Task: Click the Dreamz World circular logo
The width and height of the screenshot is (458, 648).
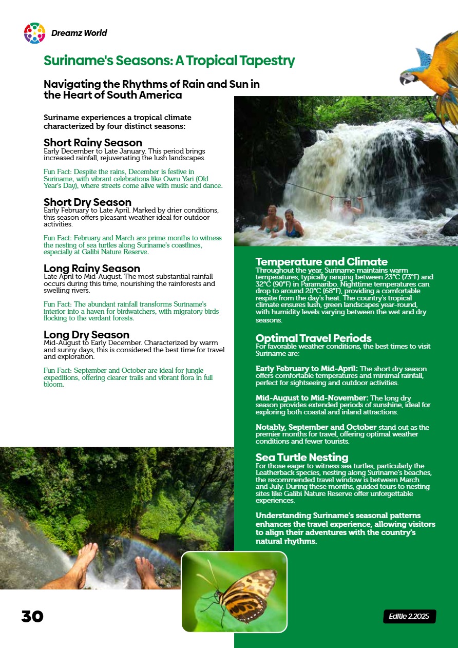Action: [x=34, y=33]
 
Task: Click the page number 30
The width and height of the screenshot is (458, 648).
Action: [x=32, y=617]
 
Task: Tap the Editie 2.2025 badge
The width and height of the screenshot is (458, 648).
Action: [x=409, y=616]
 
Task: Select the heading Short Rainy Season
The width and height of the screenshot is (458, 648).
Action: [x=92, y=143]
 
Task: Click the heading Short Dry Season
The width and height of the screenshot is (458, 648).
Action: [x=87, y=202]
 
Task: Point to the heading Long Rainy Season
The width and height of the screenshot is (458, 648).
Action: [x=91, y=269]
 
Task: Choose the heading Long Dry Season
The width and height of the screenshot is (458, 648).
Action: [x=86, y=335]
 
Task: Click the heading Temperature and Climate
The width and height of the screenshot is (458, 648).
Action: [x=321, y=262]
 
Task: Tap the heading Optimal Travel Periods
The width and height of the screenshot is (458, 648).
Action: [x=313, y=338]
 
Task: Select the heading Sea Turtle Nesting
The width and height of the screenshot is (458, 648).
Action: [x=302, y=458]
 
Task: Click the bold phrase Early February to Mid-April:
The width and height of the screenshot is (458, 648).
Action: [x=306, y=369]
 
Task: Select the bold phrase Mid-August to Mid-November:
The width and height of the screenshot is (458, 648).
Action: [x=312, y=398]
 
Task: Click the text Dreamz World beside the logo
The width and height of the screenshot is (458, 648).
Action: [x=79, y=33]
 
